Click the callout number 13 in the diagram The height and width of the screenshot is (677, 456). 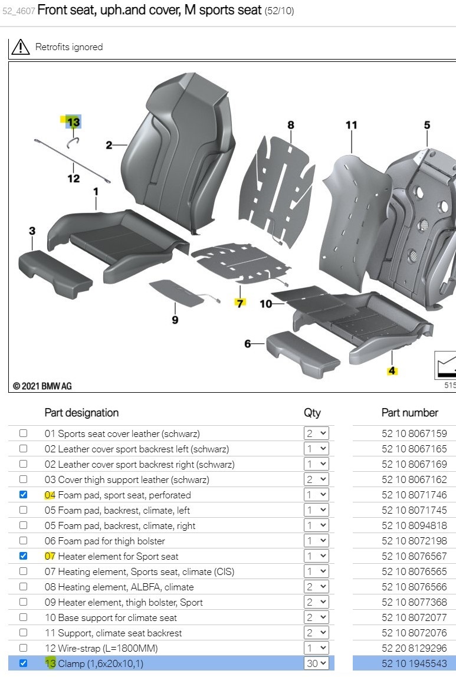coord(73,123)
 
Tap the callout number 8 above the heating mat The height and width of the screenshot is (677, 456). coord(291,125)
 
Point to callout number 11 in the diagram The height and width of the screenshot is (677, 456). coord(352,125)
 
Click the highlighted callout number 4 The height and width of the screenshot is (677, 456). coord(392,371)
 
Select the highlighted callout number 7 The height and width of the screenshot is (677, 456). coord(240,303)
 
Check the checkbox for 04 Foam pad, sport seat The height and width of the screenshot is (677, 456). coord(24,495)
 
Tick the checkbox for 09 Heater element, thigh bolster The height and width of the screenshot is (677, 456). coord(24,602)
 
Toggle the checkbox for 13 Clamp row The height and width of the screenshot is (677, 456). coord(24,663)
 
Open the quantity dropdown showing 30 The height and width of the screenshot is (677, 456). coord(316,663)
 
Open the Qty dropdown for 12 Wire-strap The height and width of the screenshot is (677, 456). coord(316,648)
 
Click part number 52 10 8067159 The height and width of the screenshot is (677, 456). coord(414,433)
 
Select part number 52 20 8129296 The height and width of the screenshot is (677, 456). coord(414,648)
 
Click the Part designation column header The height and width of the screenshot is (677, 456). coord(81,413)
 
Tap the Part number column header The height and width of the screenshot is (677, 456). coord(409,413)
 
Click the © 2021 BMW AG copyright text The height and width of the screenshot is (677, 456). coord(42,386)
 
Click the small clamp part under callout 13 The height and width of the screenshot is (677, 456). coord(73,141)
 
